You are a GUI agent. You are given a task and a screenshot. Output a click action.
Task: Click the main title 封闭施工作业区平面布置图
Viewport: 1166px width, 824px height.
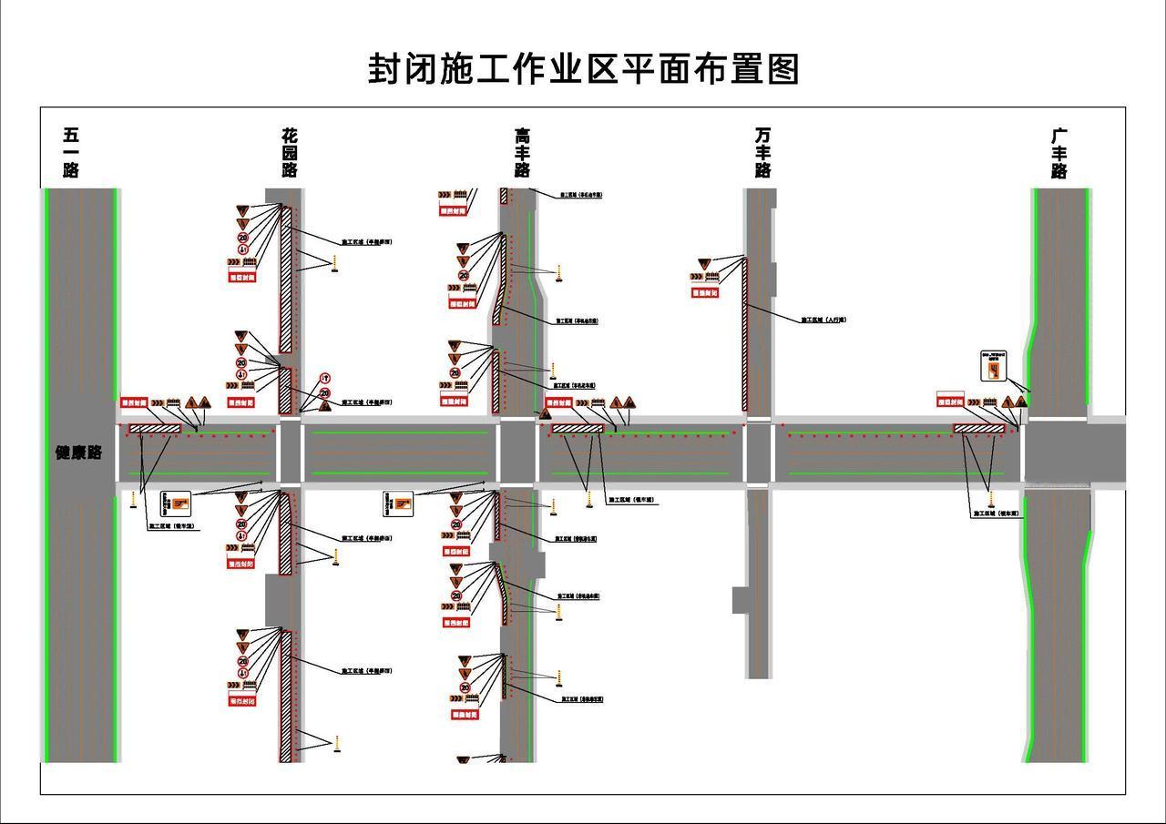[x=583, y=69]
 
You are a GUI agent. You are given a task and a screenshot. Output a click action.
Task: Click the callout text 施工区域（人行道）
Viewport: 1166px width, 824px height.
[x=823, y=320]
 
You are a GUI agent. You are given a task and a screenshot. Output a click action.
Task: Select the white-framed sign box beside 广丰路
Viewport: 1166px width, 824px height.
[x=991, y=366]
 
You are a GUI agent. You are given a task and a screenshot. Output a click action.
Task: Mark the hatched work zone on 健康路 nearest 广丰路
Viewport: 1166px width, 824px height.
[x=978, y=428]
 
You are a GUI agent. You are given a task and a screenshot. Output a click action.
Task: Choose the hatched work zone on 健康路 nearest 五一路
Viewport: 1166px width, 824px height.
[x=155, y=428]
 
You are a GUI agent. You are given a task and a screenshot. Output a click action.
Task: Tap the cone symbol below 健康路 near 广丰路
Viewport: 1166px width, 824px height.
[x=991, y=499]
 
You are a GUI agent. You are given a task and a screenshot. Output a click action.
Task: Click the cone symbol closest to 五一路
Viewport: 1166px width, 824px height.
[x=134, y=500]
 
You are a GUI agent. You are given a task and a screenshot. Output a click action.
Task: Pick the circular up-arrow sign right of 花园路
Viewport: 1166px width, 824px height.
[x=324, y=379]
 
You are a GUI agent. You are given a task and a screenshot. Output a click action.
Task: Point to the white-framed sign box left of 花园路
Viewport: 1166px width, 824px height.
[x=176, y=503]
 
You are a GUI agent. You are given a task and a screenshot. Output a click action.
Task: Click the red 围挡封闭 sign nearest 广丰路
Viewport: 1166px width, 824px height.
[x=950, y=401]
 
